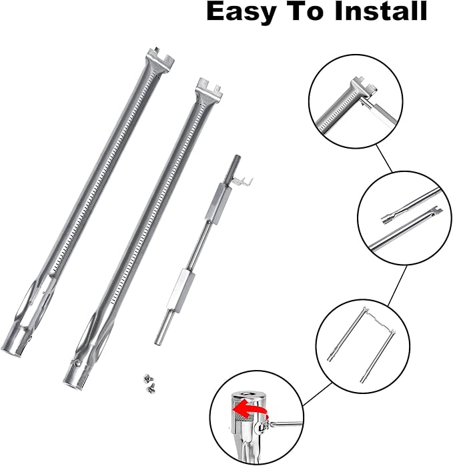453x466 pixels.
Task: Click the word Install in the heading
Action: pyautogui.click(x=381, y=11)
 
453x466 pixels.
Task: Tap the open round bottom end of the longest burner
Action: pyautogui.click(x=12, y=351)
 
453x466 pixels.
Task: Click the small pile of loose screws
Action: pyautogui.click(x=148, y=381)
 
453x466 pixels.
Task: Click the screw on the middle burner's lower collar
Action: pyautogui.click(x=77, y=362)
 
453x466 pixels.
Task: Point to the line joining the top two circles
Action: pyautogui.click(x=384, y=158)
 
